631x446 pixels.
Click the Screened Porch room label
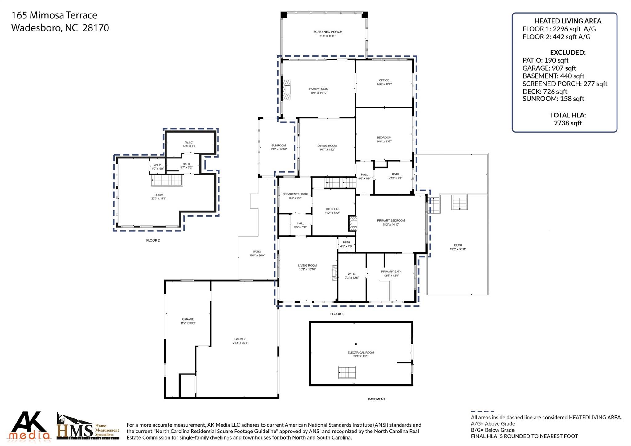328,32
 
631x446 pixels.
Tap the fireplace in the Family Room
287,90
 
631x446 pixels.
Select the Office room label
384,80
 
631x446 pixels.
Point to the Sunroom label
279,145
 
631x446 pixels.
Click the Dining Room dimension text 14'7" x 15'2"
327,150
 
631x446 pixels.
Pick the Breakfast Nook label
295,194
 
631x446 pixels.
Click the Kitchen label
332,209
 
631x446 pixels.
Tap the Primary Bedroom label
391,221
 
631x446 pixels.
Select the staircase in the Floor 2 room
167,180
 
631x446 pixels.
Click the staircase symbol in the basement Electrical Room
347,372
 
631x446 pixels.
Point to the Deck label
458,245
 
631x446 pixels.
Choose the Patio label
257,252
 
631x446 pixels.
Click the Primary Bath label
391,272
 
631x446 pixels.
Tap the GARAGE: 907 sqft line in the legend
549,68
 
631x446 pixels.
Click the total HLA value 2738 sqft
568,123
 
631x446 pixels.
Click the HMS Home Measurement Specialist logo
88,427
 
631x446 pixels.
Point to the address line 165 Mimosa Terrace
54,15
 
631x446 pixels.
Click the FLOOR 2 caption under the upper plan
153,240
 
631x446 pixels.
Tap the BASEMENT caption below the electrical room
377,399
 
